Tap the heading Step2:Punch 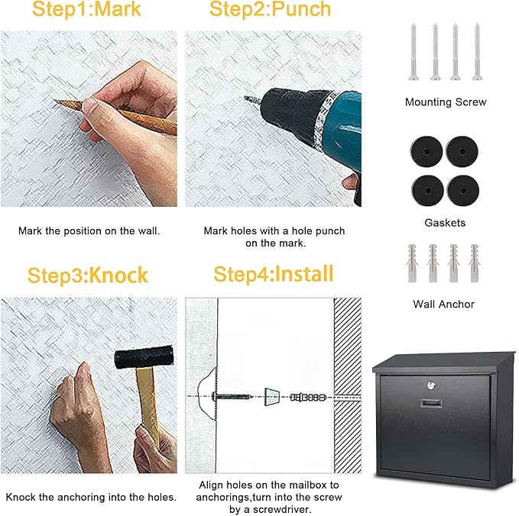[270, 10]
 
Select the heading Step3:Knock [88, 275]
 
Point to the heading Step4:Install [274, 273]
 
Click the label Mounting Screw [446, 102]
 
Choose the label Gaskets [445, 223]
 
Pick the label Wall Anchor [444, 304]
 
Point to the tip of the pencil [56, 102]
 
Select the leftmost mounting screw [414, 50]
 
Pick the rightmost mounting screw [477, 50]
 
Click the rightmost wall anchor [475, 263]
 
